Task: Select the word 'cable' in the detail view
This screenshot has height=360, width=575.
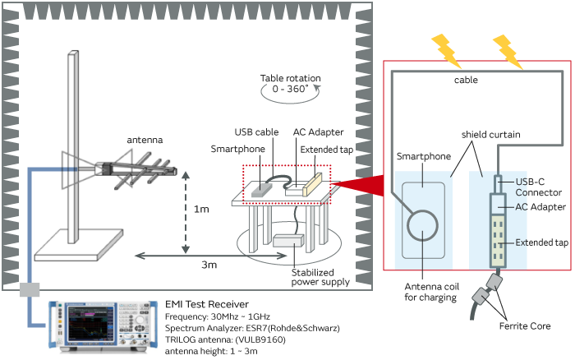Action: (x=466, y=81)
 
